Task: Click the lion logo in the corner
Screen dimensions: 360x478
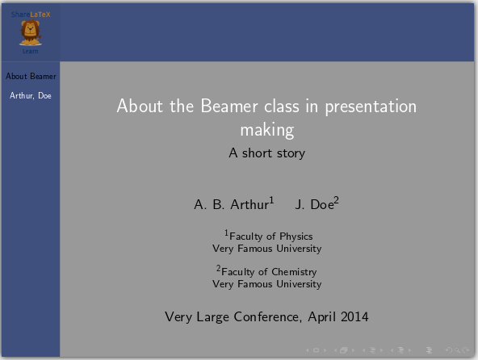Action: click(x=30, y=32)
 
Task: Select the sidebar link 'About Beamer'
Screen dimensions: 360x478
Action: click(x=31, y=77)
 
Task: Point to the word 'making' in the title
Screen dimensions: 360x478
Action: click(x=266, y=129)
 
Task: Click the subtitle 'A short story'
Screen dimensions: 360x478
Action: click(x=266, y=153)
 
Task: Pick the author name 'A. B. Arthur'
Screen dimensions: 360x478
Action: click(x=231, y=205)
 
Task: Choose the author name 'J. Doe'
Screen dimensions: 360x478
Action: click(x=314, y=205)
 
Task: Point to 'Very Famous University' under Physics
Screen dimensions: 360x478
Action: click(x=266, y=249)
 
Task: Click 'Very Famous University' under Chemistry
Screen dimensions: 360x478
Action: click(x=266, y=284)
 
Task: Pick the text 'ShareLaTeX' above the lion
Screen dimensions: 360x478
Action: click(x=31, y=15)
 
